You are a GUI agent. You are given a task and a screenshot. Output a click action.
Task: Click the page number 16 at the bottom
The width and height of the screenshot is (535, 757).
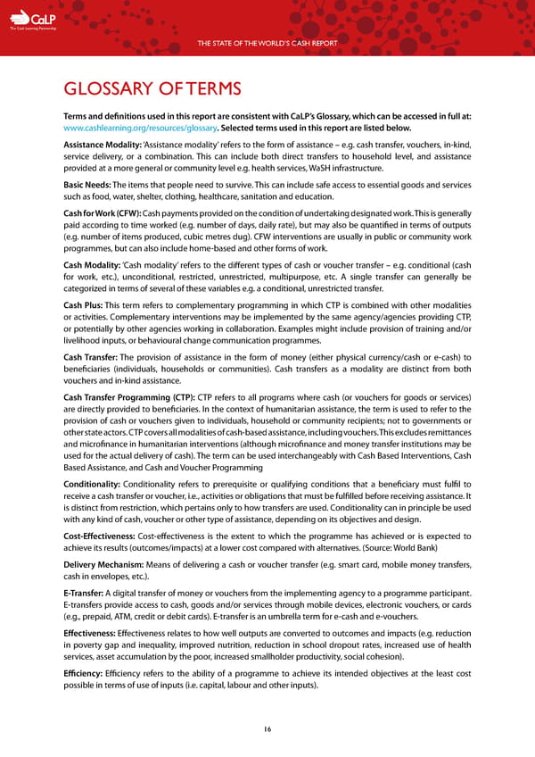(267, 728)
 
